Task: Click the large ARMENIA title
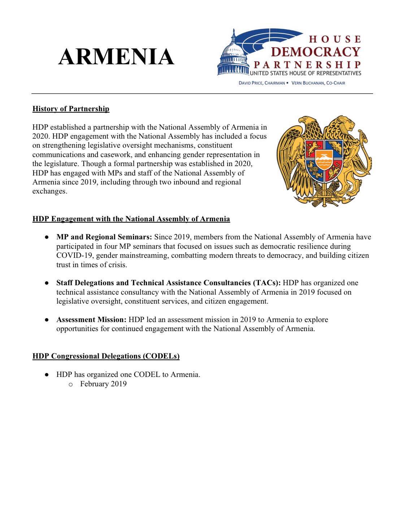(116, 57)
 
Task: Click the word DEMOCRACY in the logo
(315, 52)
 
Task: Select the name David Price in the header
(251, 83)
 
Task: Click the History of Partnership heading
(71, 109)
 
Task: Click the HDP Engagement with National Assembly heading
(131, 219)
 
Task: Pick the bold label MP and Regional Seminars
(104, 237)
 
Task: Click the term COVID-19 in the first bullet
(74, 256)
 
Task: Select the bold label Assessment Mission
(91, 320)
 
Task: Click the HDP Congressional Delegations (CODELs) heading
(106, 356)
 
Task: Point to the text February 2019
(103, 384)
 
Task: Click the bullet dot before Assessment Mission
(47, 320)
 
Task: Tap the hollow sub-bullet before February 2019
(71, 384)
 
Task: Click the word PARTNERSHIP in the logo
(307, 65)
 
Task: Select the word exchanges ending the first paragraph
(50, 191)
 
